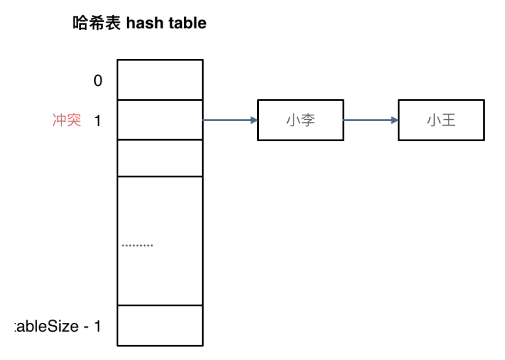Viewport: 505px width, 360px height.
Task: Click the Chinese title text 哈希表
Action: click(97, 23)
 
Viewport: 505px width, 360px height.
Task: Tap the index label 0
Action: click(98, 81)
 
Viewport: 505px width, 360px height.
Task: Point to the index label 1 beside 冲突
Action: click(98, 121)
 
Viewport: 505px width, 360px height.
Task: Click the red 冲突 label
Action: click(67, 120)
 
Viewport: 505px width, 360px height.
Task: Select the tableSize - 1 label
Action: click(58, 326)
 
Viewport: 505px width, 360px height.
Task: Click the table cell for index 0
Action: click(160, 80)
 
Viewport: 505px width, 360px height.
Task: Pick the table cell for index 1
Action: click(160, 120)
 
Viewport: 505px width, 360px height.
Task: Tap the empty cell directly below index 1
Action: click(160, 158)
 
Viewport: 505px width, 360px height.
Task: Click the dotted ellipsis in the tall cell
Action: click(137, 245)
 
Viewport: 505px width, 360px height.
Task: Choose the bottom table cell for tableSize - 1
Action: click(160, 325)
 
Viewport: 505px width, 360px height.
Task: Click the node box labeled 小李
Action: click(300, 120)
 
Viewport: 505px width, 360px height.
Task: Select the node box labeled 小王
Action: click(441, 120)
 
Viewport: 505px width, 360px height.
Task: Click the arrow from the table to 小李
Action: click(227, 120)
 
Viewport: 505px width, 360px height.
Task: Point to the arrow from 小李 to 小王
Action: click(367, 120)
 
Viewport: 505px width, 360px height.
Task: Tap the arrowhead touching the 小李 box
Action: click(254, 120)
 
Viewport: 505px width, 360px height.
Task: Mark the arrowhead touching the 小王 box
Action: click(394, 120)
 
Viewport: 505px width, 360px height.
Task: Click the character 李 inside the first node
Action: click(308, 120)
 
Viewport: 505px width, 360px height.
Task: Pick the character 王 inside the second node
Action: click(448, 120)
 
